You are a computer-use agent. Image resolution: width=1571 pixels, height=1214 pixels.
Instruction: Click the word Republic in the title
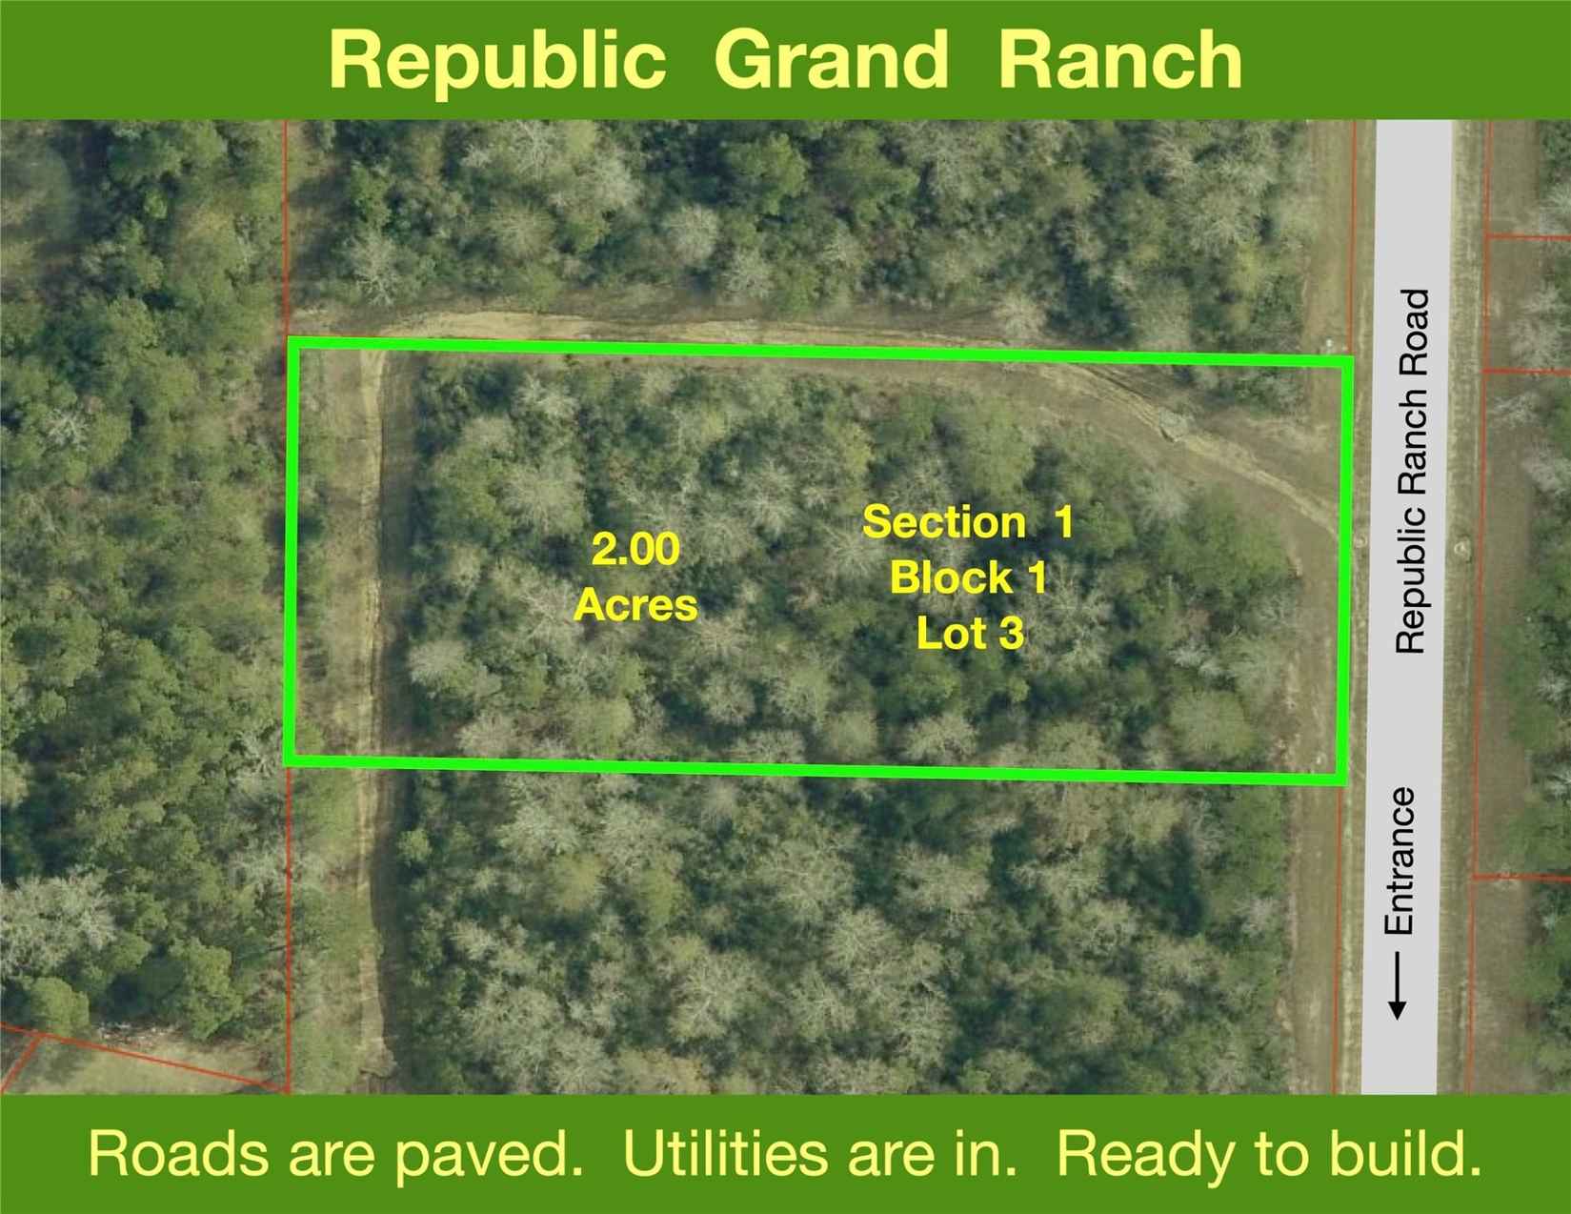496,59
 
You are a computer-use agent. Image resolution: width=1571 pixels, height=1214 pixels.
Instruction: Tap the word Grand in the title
831,59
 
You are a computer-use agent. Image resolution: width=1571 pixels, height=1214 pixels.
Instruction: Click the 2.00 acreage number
635,550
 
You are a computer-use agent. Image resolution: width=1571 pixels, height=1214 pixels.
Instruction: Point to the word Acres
635,604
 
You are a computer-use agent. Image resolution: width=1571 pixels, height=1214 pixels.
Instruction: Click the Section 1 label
968,522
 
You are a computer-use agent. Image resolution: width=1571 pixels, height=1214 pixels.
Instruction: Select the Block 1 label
968,577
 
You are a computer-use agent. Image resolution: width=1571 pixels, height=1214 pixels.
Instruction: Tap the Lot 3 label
970,633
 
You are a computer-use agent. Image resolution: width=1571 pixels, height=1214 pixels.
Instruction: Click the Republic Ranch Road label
1412,472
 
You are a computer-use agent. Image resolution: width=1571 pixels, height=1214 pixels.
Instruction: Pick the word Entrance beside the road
1399,860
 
